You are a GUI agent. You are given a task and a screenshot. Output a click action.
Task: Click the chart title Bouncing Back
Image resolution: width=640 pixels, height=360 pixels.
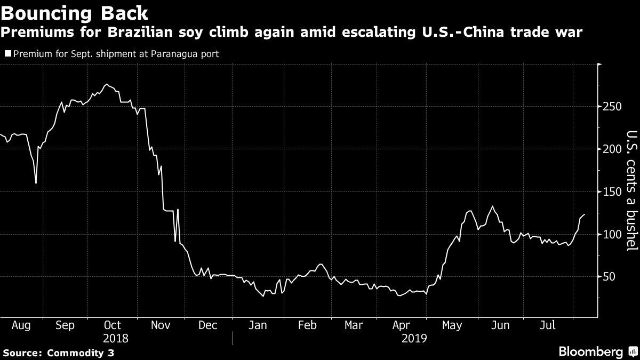[74, 12]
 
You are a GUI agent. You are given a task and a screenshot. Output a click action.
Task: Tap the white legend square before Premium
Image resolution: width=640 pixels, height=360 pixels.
[7, 54]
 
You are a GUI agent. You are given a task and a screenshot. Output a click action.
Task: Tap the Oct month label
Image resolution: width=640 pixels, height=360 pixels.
[113, 325]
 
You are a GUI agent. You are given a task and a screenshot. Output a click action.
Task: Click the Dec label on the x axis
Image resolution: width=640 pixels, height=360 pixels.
[207, 325]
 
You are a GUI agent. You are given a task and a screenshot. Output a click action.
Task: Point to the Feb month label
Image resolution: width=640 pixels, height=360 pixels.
[307, 325]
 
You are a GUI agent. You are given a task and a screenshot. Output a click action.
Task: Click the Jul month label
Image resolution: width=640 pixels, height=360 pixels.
[548, 325]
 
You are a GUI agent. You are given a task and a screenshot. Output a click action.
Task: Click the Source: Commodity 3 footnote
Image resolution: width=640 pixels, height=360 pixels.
[58, 353]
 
